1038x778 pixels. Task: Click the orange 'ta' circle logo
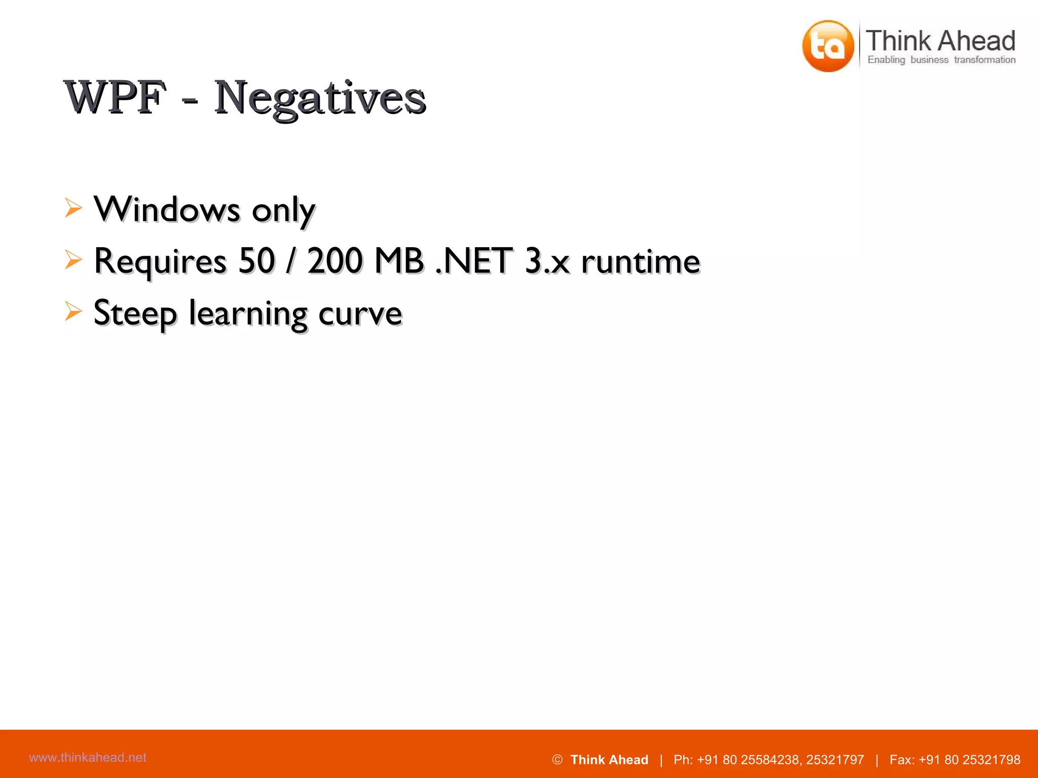pyautogui.click(x=828, y=46)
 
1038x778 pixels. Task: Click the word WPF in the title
pyautogui.click(x=116, y=97)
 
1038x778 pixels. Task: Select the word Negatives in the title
pyautogui.click(x=319, y=98)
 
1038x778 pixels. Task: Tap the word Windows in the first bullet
pyautogui.click(x=167, y=209)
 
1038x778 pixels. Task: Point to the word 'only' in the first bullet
pyautogui.click(x=284, y=211)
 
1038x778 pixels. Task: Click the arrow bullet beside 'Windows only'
pyautogui.click(x=73, y=208)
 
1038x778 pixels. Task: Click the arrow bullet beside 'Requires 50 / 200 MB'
pyautogui.click(x=73, y=260)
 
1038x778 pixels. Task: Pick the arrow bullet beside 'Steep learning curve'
pyautogui.click(x=73, y=312)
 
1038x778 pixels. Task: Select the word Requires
pyautogui.click(x=160, y=262)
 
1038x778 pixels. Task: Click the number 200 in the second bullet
pyautogui.click(x=335, y=261)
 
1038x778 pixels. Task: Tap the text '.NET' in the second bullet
pyautogui.click(x=474, y=261)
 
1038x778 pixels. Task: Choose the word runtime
pyautogui.click(x=641, y=262)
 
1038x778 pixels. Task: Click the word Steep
pyautogui.click(x=135, y=314)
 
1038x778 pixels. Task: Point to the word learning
pyautogui.click(x=248, y=315)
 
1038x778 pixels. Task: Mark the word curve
pyautogui.click(x=360, y=314)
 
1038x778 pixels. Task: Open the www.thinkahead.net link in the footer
pyautogui.click(x=88, y=757)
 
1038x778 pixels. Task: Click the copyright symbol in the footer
pyautogui.click(x=557, y=760)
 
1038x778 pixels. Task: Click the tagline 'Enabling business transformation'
pyautogui.click(x=941, y=60)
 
